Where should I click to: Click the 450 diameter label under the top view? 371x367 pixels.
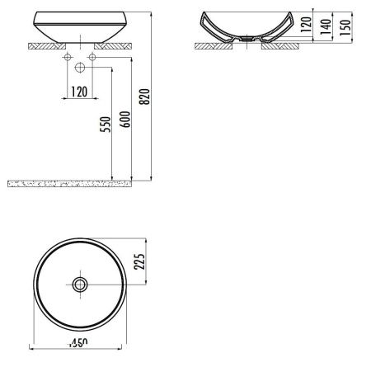tap(79, 341)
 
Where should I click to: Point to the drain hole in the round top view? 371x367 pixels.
tap(79, 285)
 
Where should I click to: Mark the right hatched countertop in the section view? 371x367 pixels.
tap(277, 45)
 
